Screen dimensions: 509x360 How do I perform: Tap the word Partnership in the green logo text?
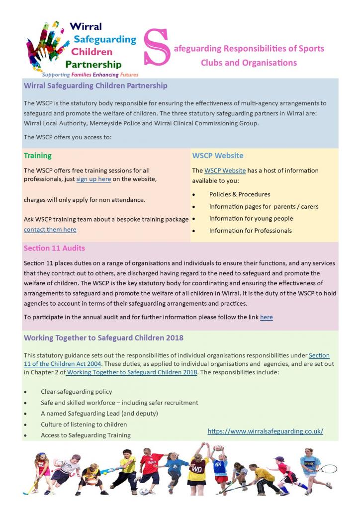click(x=93, y=65)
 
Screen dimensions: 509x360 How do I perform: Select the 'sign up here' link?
click(x=93, y=179)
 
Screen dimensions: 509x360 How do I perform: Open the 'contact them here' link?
click(x=50, y=230)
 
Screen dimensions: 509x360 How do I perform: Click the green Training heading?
click(x=38, y=156)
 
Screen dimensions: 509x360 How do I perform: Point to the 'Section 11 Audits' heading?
click(x=54, y=248)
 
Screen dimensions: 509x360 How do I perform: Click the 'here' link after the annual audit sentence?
click(x=266, y=317)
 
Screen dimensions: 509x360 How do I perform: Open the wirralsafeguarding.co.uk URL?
click(x=265, y=431)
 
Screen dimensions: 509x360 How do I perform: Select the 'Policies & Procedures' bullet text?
click(x=240, y=194)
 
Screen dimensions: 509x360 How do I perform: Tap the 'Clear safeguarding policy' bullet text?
click(x=77, y=392)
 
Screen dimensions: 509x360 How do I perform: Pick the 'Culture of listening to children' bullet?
click(x=84, y=424)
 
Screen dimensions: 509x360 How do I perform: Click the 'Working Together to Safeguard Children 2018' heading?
click(x=103, y=338)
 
